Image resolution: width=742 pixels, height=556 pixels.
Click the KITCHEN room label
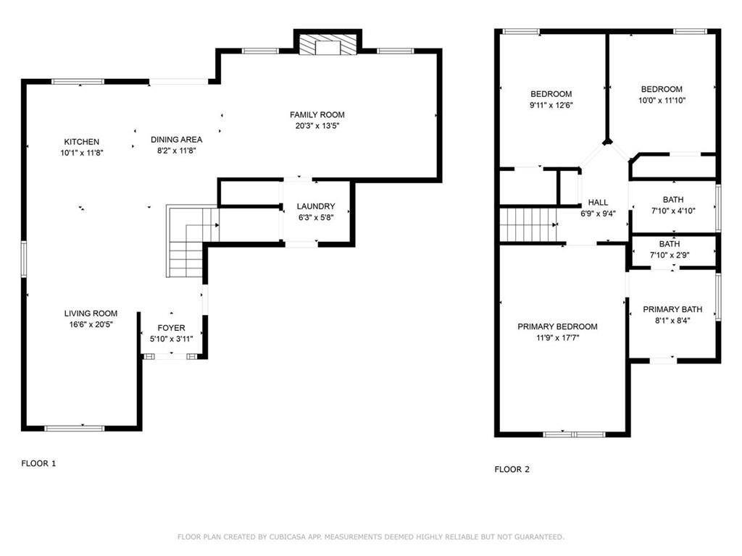pyautogui.click(x=81, y=142)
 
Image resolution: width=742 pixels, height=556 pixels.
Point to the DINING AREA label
pyautogui.click(x=176, y=139)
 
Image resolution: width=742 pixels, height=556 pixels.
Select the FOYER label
pyautogui.click(x=172, y=328)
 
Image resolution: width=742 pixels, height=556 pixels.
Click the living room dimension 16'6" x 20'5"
pyautogui.click(x=91, y=324)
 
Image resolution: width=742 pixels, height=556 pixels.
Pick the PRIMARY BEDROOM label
pyautogui.click(x=557, y=327)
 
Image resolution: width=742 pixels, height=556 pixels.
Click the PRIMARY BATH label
pyautogui.click(x=672, y=309)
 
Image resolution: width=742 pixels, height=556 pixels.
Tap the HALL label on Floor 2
pyautogui.click(x=598, y=203)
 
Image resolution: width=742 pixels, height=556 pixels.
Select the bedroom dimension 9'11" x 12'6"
pyautogui.click(x=551, y=105)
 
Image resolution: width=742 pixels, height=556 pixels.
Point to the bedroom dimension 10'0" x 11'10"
pyautogui.click(x=662, y=101)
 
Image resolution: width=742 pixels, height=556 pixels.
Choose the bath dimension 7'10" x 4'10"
pyautogui.click(x=672, y=211)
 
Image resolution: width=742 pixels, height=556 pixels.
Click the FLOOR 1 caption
pyautogui.click(x=38, y=463)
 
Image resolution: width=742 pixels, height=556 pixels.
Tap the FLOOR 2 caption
pyautogui.click(x=512, y=469)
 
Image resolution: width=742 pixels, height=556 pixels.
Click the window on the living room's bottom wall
pyautogui.click(x=75, y=428)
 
